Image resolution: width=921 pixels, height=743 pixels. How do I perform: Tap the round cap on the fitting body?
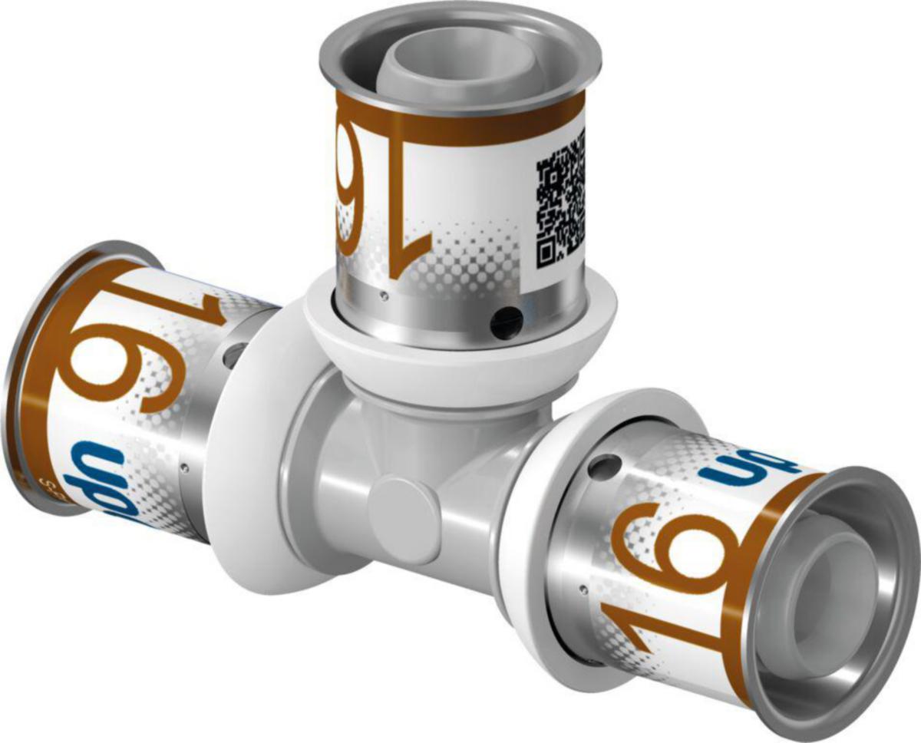[403, 503]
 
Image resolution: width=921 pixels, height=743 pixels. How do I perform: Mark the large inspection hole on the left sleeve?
[233, 352]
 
